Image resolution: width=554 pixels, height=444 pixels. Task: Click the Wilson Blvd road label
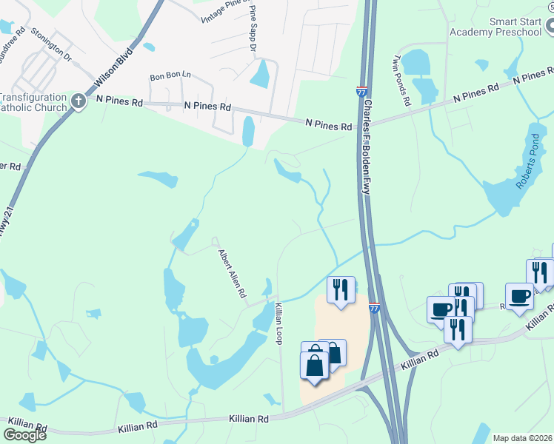115,66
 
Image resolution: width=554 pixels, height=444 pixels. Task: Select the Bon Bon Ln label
170,76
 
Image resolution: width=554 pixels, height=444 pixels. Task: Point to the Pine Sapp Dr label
253,28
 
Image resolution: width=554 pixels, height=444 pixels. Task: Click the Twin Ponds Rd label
401,80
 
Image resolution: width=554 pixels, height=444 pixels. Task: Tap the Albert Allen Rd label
232,273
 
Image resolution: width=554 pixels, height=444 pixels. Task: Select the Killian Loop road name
279,323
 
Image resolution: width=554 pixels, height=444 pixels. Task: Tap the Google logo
24,435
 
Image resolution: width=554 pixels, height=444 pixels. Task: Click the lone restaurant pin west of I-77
341,289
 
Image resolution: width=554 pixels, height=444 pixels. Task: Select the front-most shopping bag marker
314,366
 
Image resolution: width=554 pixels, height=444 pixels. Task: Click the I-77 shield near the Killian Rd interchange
373,307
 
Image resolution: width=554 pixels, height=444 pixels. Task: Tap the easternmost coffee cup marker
519,296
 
